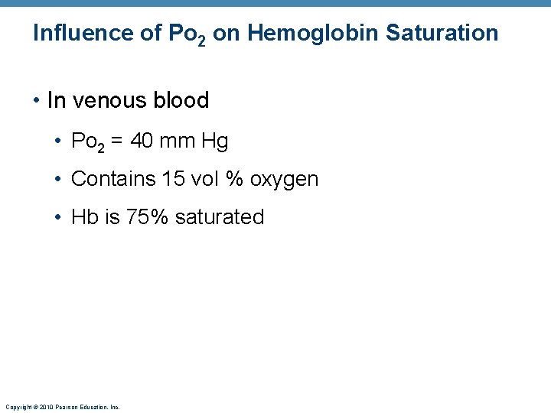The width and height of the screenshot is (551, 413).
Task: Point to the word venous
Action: [x=111, y=101]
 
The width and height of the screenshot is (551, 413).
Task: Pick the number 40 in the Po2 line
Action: [x=142, y=141]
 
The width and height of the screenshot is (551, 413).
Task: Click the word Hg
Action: [x=215, y=141]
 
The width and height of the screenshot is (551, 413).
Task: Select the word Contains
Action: [x=113, y=179]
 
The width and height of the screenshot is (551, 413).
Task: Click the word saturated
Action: [x=220, y=217]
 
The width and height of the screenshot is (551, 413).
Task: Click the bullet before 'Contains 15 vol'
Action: [x=59, y=180]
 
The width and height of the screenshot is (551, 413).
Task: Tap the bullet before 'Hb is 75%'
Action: [x=59, y=218]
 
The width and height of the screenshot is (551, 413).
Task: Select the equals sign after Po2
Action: [x=117, y=141]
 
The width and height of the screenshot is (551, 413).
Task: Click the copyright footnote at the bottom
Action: [x=62, y=407]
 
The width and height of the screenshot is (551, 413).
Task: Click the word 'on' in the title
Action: [x=225, y=33]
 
